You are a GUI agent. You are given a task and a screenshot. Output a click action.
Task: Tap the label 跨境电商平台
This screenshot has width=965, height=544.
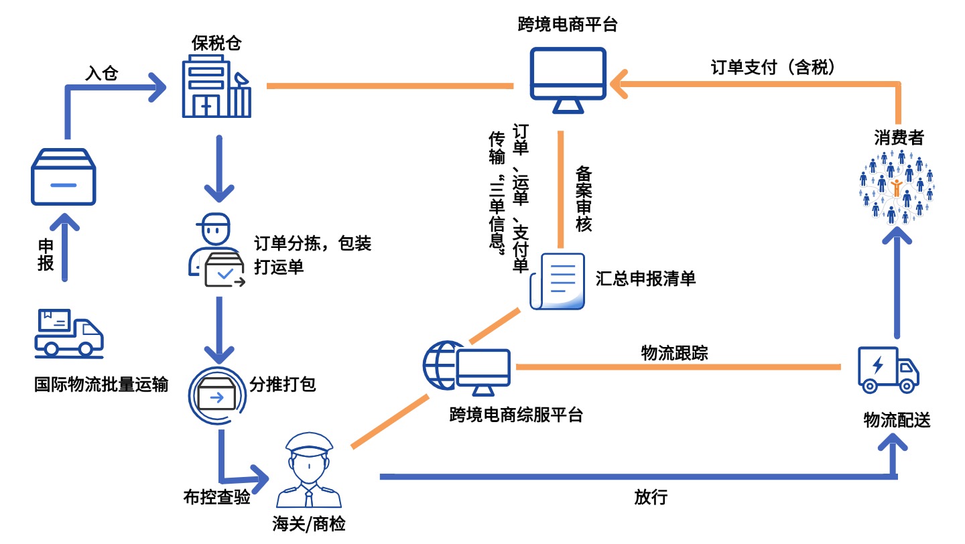(568, 25)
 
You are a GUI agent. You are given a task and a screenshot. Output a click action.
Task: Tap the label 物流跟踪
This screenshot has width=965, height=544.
(674, 353)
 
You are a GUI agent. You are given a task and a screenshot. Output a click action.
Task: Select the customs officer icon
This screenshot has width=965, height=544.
(309, 470)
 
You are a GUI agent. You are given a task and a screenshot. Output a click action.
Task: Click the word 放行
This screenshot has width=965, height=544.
(650, 497)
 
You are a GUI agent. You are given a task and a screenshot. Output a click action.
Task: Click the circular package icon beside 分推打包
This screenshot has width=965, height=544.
(216, 396)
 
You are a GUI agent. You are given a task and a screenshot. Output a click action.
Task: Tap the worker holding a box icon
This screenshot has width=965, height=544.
(216, 251)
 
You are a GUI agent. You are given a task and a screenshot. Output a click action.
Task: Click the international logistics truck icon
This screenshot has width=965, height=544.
(69, 332)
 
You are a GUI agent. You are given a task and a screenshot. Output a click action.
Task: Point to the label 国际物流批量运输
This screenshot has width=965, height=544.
(101, 385)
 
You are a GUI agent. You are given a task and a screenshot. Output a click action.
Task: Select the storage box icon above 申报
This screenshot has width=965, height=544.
(64, 177)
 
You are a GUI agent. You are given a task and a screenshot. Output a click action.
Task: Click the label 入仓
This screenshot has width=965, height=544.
(101, 73)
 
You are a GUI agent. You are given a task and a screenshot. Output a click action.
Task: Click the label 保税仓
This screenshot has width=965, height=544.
(216, 44)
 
